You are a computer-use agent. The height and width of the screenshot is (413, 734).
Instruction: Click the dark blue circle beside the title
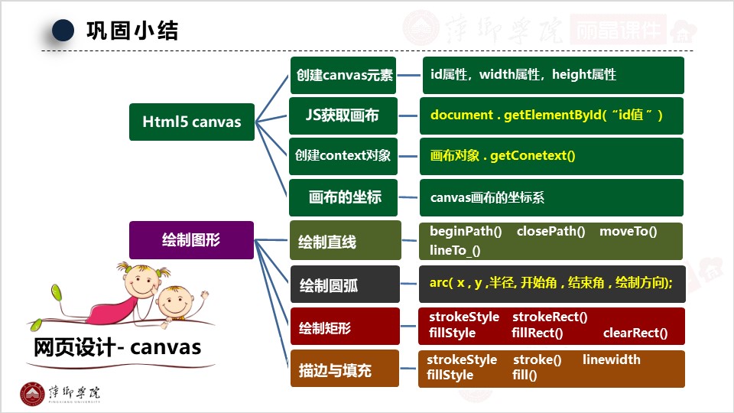pyautogui.click(x=63, y=30)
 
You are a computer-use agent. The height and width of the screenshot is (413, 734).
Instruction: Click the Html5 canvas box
pyautogui.click(x=192, y=122)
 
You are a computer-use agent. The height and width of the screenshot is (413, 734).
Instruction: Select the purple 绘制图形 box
pyautogui.click(x=191, y=239)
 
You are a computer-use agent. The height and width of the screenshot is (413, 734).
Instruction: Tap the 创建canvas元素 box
pyautogui.click(x=343, y=75)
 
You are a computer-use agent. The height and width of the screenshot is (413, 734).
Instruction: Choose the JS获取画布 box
pyautogui.click(x=343, y=115)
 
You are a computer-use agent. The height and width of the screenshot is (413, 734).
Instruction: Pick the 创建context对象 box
pyautogui.click(x=343, y=155)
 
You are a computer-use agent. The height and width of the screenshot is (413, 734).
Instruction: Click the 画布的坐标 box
pyautogui.click(x=344, y=197)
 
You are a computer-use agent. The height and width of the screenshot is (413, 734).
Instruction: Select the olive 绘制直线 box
pyautogui.click(x=345, y=242)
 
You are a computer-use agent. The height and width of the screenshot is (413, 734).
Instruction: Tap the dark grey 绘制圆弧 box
pyautogui.click(x=345, y=285)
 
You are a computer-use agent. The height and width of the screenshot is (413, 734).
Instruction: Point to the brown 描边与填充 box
pyautogui.click(x=345, y=370)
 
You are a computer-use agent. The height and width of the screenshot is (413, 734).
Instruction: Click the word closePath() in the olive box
pyautogui.click(x=550, y=232)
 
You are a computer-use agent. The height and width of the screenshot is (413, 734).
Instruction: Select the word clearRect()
pyautogui.click(x=635, y=333)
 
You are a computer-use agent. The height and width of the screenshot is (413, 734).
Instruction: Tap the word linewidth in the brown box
pyautogui.click(x=611, y=359)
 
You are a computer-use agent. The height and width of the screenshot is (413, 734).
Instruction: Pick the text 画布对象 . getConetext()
pyautogui.click(x=502, y=156)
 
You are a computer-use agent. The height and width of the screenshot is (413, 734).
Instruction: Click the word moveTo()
pyautogui.click(x=628, y=232)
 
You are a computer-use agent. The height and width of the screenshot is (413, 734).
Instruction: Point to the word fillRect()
pyautogui.click(x=537, y=333)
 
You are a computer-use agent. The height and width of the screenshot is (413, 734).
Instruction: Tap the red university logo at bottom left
pyautogui.click(x=32, y=393)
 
